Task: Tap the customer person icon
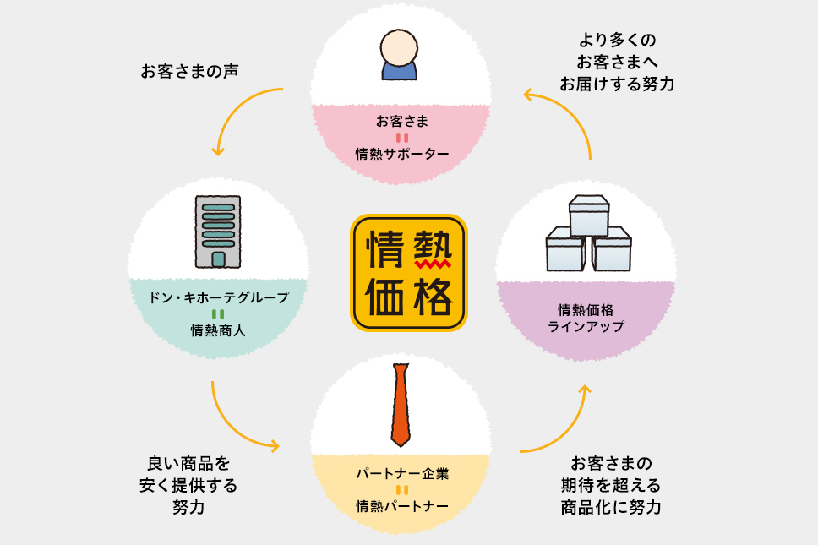click(x=400, y=55)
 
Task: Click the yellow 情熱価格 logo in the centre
click(x=409, y=272)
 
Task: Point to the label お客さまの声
click(x=189, y=71)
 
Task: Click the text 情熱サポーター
click(x=401, y=154)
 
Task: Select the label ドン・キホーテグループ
click(x=218, y=297)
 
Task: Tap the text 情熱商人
click(x=218, y=330)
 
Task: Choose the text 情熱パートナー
click(x=401, y=506)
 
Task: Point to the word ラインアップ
click(x=586, y=326)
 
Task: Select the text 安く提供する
click(x=188, y=486)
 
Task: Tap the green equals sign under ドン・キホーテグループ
click(x=218, y=314)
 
